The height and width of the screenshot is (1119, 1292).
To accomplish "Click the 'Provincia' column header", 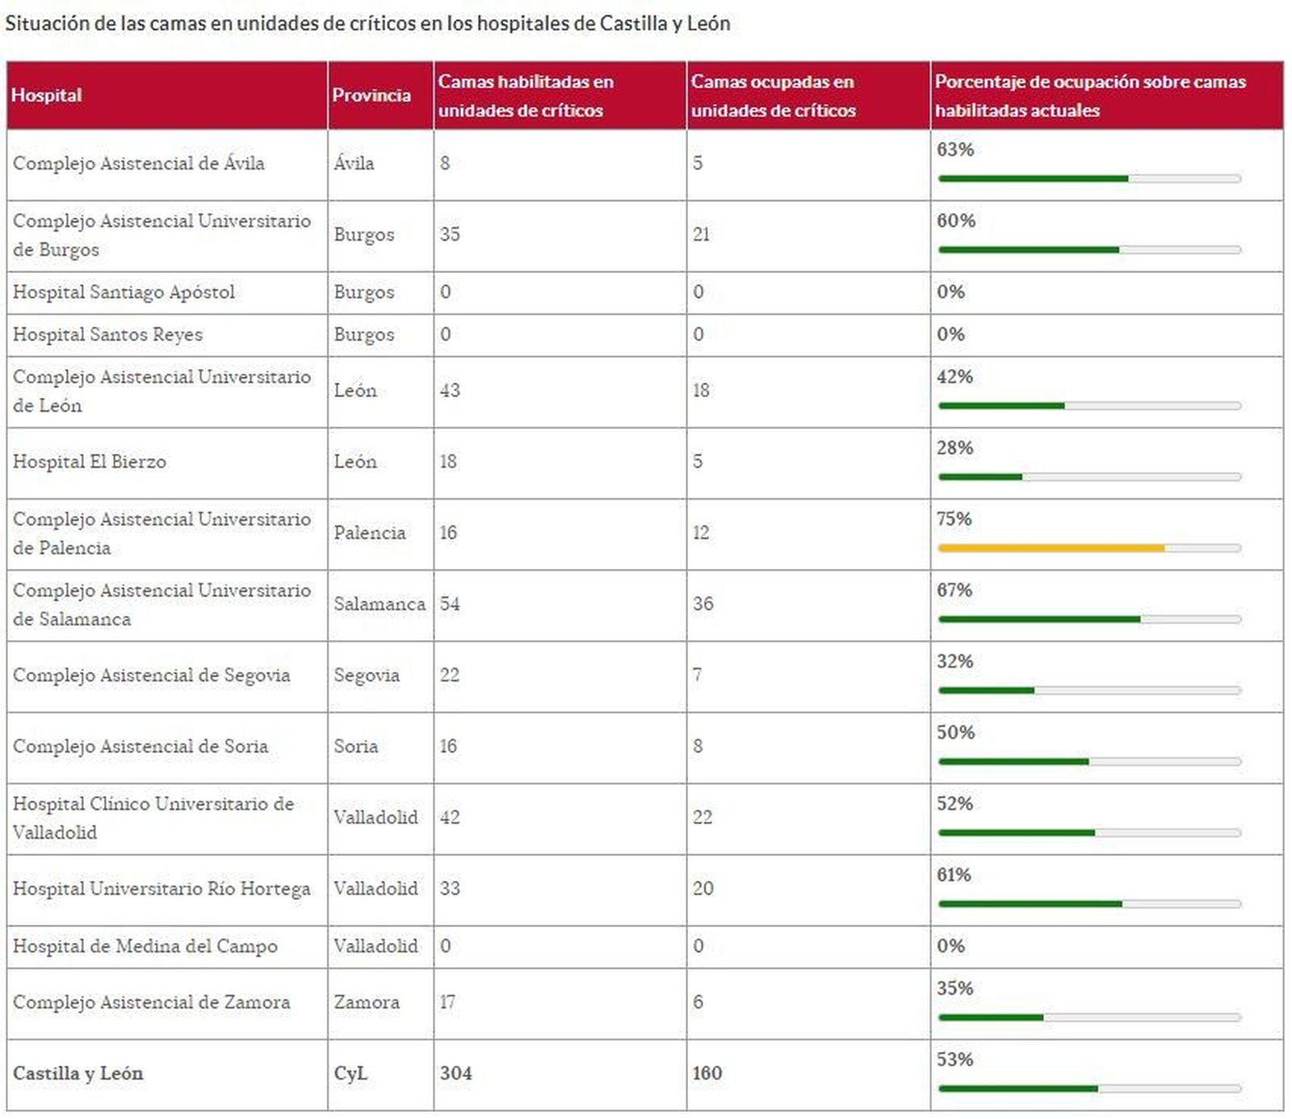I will pos(371,95).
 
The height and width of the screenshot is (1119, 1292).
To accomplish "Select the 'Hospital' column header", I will pos(47,95).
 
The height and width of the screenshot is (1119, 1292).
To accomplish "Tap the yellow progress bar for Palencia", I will pos(1051,548).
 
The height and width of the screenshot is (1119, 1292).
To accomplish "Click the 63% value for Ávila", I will pos(955,149).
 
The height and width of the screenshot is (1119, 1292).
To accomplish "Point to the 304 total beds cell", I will pos(455,1073).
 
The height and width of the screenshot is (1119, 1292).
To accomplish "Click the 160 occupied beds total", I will pos(707,1073).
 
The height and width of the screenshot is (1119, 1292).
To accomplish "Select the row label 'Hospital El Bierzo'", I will pos(90,462).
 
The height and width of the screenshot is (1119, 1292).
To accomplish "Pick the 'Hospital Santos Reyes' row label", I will pos(107,334).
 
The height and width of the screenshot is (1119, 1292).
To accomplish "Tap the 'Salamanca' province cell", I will pos(379,604).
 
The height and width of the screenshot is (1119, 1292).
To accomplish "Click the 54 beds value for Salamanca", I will pos(450,604).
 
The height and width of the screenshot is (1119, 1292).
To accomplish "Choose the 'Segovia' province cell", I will pos(367,675).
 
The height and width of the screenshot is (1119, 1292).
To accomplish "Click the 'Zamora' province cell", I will pos(367,1002).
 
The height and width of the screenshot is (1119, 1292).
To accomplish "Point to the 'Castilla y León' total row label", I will pos(78,1073).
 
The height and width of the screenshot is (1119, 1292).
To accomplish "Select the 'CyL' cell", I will pos(350,1073).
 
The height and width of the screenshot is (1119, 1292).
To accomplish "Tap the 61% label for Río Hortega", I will pos(954,874).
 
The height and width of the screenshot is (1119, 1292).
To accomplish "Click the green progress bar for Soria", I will pos(1013,761).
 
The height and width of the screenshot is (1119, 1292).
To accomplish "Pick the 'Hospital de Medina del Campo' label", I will pos(145,946).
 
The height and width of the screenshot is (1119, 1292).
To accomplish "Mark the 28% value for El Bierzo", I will pos(954,447).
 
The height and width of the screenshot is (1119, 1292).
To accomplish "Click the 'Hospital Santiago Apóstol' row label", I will pos(124,291).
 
